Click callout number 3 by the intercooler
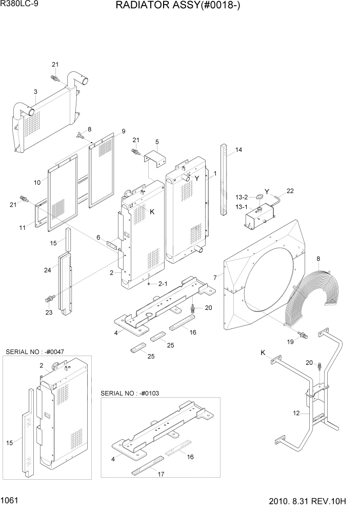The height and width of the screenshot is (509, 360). coord(35,92)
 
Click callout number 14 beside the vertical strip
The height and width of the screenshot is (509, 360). coord(238,150)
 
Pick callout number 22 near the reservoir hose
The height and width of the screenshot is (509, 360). coord(290,191)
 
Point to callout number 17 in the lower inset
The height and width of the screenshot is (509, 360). coord(161,475)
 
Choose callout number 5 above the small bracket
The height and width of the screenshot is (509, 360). coord(157,142)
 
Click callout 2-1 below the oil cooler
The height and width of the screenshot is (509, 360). coord(163,283)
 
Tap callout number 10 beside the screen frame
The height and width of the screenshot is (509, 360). coord(37,182)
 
